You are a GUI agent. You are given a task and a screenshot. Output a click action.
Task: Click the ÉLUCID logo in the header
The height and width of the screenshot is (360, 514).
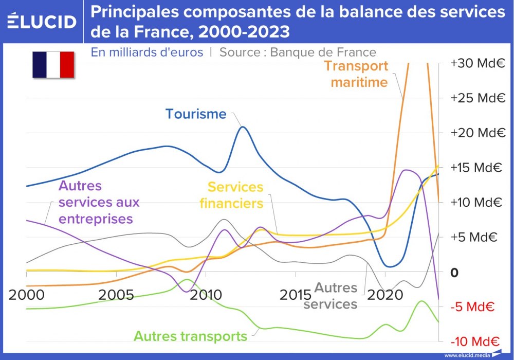42,21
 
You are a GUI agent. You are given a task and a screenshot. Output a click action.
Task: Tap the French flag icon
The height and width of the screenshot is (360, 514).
53,64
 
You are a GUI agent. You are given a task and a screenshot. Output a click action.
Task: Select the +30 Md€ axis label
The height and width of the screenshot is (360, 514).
478,63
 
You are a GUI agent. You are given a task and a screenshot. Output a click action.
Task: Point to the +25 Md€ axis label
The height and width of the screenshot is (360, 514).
478,98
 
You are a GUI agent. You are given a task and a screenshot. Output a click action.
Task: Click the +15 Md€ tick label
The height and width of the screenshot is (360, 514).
478,168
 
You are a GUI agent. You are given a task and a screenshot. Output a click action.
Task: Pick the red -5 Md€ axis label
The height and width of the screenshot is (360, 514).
472,308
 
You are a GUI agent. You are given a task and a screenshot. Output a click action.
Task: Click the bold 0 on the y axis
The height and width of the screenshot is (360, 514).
454,273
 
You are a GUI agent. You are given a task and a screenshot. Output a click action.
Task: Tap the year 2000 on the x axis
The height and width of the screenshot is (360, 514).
27,295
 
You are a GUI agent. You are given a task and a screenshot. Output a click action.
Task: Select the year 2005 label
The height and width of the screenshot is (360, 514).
116,295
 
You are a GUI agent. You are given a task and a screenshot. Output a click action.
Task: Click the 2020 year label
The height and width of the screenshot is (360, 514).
385,295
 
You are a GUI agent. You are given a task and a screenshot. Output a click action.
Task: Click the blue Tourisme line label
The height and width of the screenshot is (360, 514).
196,114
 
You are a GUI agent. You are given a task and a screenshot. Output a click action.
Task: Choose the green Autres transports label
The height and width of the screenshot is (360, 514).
190,336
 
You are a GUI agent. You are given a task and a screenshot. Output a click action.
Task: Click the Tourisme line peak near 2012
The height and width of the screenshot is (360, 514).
243,127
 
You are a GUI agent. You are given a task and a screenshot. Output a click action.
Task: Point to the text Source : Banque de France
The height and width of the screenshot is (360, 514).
298,52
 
